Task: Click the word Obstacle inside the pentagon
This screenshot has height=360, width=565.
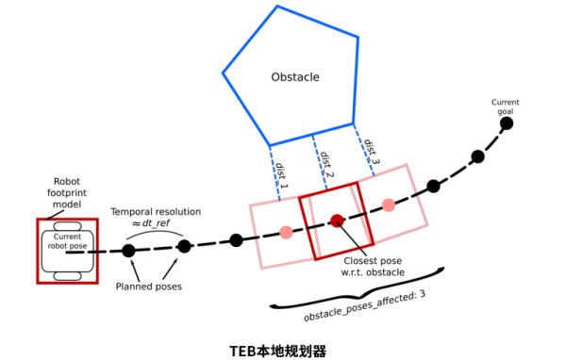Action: [295, 75]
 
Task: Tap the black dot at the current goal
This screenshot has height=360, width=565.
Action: [507, 123]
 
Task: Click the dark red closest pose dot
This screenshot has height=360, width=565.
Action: [337, 221]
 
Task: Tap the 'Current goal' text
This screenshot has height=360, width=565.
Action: [506, 106]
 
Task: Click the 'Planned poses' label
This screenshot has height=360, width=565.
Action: [149, 286]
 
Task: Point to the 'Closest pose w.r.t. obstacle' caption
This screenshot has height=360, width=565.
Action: [374, 266]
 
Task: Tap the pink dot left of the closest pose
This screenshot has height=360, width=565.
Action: [286, 232]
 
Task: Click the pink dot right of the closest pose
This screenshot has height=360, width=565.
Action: [388, 205]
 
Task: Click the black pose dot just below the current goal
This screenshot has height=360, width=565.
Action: [477, 156]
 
